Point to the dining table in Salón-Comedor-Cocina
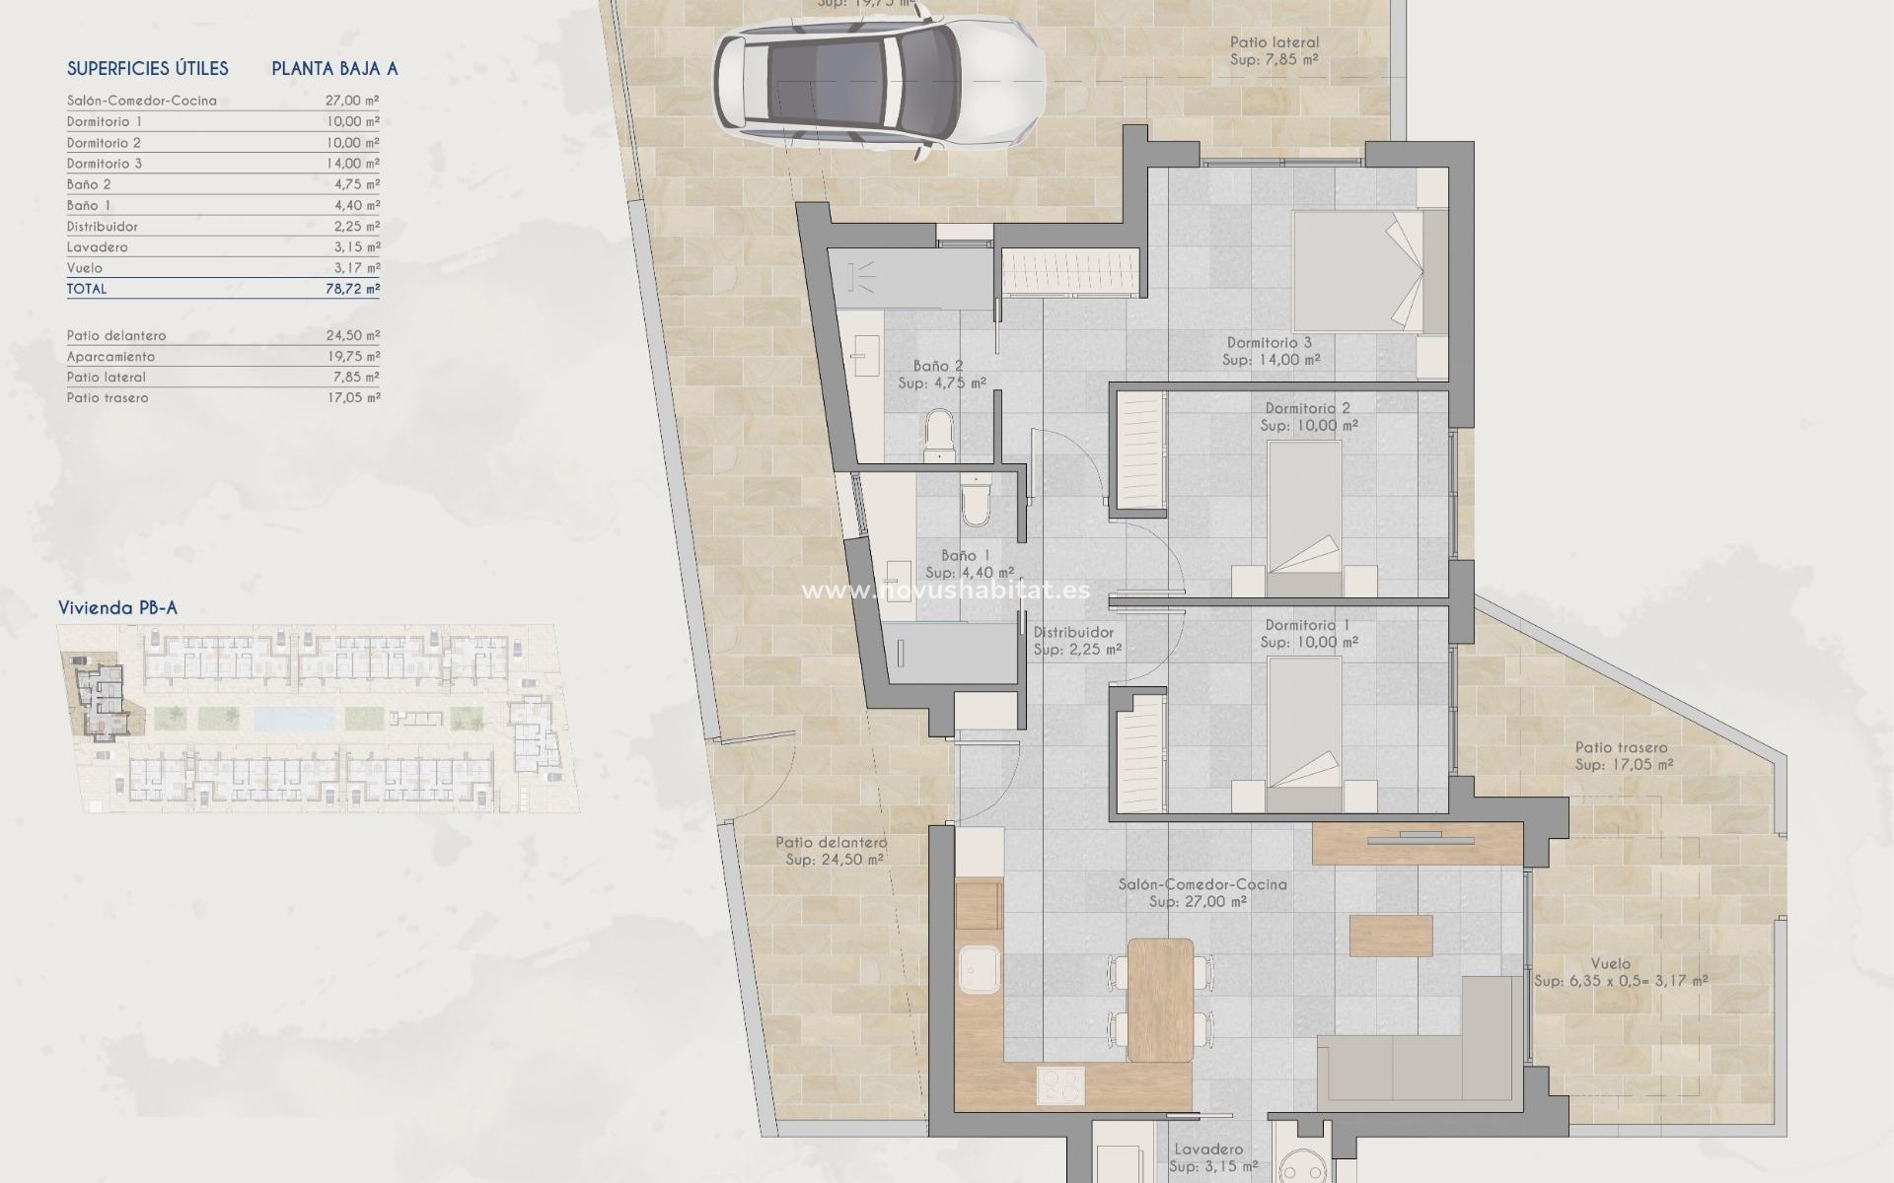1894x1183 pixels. pos(1160,998)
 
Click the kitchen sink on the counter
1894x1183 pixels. pos(979,974)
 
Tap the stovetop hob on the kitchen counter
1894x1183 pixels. pos(1060,1085)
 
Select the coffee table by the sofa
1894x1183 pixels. pos(1391,935)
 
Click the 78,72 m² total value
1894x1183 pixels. pos(352,289)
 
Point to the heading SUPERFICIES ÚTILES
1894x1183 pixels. pos(148,68)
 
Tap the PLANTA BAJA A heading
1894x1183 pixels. pos(334,68)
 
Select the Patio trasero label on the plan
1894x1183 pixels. pos(1621,748)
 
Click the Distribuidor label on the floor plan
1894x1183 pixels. pos(1073,633)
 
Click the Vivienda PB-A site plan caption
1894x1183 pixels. pos(117,607)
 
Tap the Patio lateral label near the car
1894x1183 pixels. pos(1274,42)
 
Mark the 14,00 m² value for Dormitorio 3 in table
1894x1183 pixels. pos(352,164)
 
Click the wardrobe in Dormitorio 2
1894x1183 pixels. pos(1139,451)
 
